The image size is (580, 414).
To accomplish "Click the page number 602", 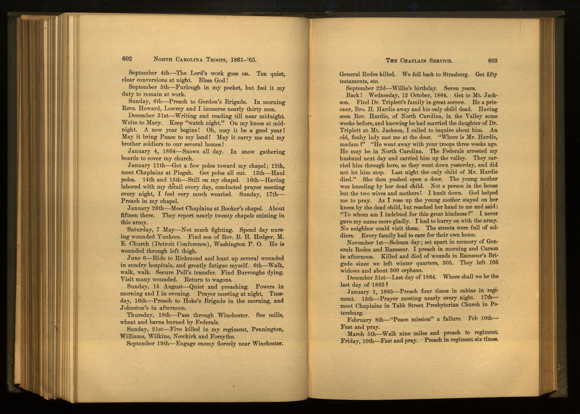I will pos(127,59).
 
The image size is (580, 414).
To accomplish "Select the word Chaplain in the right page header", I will pos(413,61).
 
